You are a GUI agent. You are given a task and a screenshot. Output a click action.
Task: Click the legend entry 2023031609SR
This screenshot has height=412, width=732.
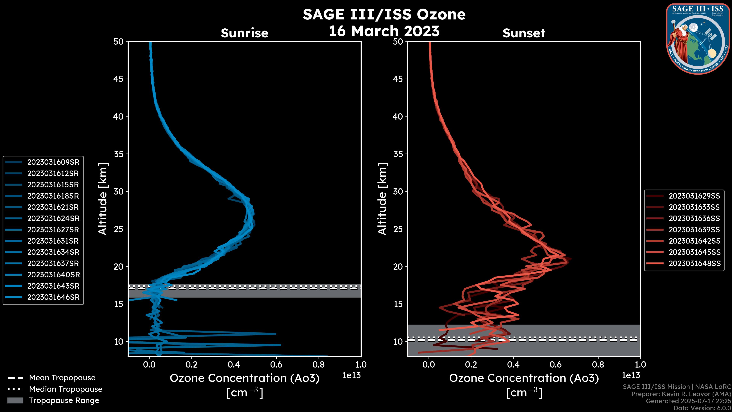53,162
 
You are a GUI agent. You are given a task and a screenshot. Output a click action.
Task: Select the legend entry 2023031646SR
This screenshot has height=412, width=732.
53,297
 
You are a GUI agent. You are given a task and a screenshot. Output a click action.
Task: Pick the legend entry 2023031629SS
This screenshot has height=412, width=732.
694,196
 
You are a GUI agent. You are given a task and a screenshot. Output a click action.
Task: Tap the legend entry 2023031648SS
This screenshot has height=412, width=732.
694,264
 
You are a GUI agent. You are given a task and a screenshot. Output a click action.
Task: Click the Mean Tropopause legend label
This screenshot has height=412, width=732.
62,378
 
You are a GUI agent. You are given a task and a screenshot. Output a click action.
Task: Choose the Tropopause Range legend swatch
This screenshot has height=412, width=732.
15,400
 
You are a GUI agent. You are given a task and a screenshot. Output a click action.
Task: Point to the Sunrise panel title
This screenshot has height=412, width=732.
244,33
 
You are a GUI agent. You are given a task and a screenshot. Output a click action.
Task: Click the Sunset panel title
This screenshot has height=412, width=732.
524,33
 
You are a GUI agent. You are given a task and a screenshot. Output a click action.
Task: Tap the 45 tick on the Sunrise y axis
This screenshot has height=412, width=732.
119,79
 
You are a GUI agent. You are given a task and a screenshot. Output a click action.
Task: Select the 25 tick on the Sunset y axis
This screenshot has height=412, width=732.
398,229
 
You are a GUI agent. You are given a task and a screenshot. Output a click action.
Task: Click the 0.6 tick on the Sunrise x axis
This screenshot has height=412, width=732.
276,365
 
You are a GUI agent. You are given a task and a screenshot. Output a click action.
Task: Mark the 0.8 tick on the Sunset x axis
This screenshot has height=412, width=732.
598,365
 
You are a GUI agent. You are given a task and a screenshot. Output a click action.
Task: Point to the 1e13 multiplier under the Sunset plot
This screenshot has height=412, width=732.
631,375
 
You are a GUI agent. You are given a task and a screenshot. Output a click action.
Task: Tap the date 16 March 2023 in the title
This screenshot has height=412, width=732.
384,31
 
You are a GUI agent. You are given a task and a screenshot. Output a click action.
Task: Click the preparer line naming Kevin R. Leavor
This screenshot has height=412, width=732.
681,394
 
